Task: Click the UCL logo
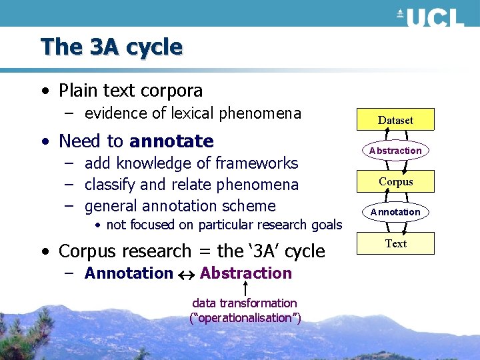click(x=430, y=15)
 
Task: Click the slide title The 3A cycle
click(x=111, y=47)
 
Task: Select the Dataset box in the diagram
click(x=395, y=120)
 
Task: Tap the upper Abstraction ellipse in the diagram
click(x=395, y=151)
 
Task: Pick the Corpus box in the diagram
click(x=395, y=181)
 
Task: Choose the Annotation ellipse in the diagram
click(x=395, y=212)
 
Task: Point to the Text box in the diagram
click(x=395, y=243)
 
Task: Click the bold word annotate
click(x=171, y=141)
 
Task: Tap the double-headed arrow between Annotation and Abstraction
click(x=186, y=274)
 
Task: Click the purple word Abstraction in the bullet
click(x=245, y=273)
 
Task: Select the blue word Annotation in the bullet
click(x=129, y=273)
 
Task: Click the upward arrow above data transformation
click(x=246, y=289)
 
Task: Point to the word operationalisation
click(x=245, y=318)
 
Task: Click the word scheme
click(x=251, y=206)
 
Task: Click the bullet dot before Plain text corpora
click(x=43, y=91)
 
